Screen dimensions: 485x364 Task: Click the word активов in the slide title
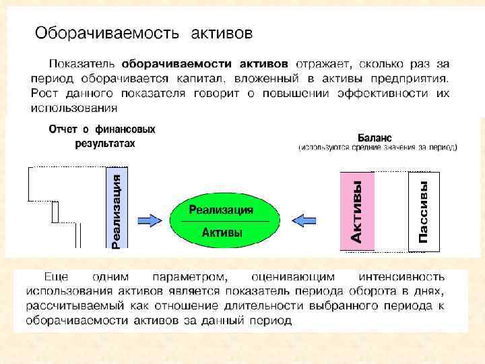[x=222, y=32]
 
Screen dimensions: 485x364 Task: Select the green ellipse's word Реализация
[x=221, y=210]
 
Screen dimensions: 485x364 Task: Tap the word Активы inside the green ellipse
[x=222, y=233]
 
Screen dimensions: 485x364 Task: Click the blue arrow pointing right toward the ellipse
[x=150, y=220]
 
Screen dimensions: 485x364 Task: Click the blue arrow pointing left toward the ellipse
[x=306, y=220]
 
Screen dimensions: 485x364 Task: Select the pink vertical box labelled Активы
[x=356, y=211]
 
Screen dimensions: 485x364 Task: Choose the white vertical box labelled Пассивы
[x=424, y=211]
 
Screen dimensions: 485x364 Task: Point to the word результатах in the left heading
[x=104, y=144]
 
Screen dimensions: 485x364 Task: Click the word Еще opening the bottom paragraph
[x=56, y=276]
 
